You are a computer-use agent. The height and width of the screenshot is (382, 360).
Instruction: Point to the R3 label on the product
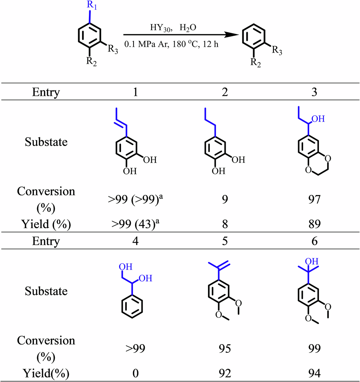click(277, 51)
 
